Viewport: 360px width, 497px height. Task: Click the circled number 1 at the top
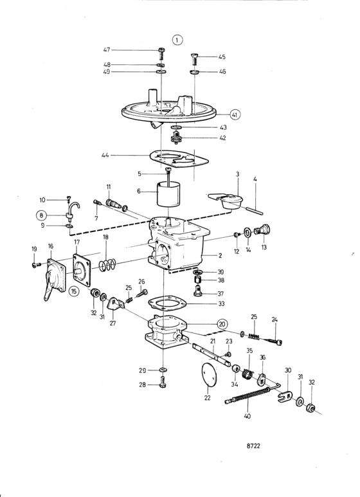177,40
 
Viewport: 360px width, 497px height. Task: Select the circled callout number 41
234,114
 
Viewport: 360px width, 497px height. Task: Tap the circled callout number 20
222,324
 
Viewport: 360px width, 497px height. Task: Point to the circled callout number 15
74,291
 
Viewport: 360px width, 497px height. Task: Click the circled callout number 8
41,215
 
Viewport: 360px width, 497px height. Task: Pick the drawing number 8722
253,446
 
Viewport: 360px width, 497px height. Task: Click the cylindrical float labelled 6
168,194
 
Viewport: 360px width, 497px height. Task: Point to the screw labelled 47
161,54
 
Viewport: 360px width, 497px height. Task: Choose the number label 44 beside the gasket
105,156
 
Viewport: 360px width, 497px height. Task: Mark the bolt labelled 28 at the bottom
163,382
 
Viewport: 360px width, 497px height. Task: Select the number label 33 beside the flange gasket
221,303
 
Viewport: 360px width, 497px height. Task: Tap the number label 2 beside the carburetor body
221,255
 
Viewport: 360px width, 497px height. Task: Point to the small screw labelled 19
36,264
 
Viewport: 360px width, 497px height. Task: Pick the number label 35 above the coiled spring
249,350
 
